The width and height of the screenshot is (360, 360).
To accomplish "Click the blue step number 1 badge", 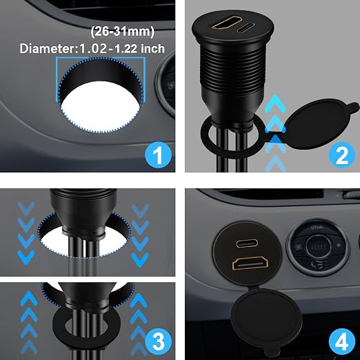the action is (x=158, y=154).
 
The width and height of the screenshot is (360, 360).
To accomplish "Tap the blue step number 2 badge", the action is (x=342, y=154).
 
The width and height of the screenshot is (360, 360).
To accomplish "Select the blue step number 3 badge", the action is (x=158, y=341).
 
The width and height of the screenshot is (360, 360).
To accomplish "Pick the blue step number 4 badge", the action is (x=342, y=342).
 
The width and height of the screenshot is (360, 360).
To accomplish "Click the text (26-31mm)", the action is (x=122, y=32).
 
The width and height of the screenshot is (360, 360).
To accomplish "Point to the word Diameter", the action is (x=48, y=49).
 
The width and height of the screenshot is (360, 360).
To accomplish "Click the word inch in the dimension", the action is (x=152, y=49).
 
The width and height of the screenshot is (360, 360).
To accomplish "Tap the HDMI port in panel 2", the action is (x=227, y=23).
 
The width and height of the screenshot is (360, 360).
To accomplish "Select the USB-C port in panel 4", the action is (x=247, y=243).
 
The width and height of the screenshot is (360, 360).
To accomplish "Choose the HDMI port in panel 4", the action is (x=250, y=263).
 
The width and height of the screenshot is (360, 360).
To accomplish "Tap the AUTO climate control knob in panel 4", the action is (x=319, y=248).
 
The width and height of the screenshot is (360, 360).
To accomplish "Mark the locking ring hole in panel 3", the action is (x=86, y=326).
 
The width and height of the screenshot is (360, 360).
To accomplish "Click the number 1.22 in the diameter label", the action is (x=126, y=49).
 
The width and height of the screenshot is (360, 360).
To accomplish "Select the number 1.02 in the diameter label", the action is (x=92, y=49).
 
